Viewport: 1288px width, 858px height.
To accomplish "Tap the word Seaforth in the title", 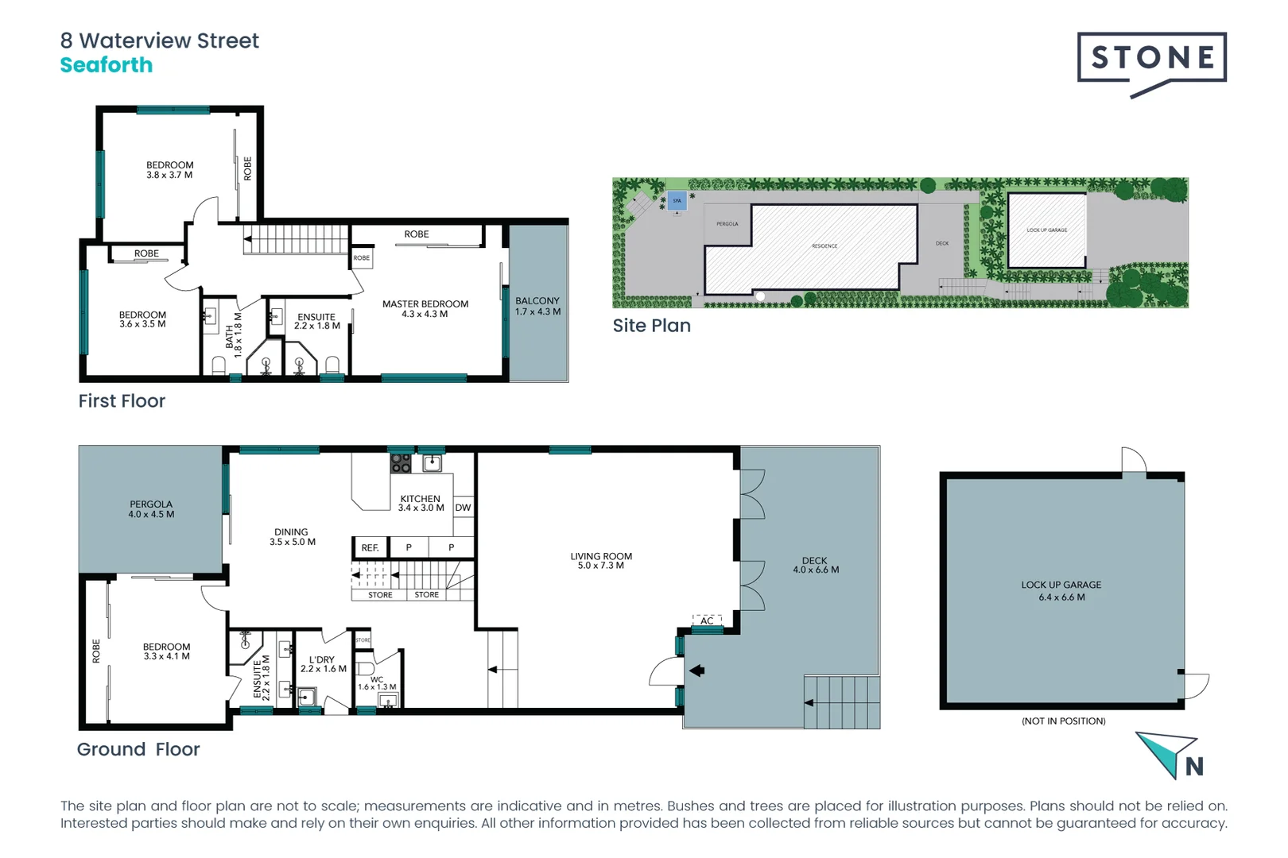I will point(107,65).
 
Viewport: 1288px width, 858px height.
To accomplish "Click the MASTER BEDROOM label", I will point(425,304).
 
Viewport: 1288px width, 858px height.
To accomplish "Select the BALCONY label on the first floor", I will point(537,301).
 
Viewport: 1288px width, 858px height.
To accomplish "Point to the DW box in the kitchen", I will point(463,508).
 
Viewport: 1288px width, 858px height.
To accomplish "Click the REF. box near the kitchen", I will point(370,548).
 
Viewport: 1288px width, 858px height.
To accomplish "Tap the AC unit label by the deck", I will point(707,620).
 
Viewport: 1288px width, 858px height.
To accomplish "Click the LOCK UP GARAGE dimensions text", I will point(1061,597).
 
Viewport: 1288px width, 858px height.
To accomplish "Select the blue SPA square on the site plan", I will point(677,200).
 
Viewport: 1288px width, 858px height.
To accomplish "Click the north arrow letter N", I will point(1194,767).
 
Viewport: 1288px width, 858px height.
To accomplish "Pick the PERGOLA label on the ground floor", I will point(151,504).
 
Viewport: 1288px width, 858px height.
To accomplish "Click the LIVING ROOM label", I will point(601,557).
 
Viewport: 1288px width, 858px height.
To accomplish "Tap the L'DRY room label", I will point(322,660).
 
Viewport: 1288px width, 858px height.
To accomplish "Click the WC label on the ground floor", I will point(377,679).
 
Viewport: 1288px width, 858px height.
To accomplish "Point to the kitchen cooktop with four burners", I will point(401,462).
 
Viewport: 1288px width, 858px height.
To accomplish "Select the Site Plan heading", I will point(651,326).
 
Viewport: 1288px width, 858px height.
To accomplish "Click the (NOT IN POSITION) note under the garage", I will point(1063,721).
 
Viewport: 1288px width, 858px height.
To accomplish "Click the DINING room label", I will point(291,532).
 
